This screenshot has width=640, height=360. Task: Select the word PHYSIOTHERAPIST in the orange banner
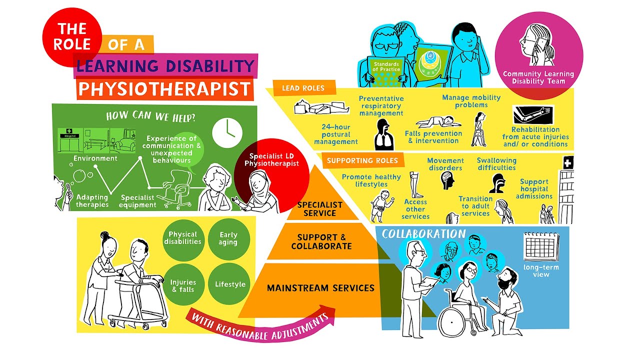pos(164,89)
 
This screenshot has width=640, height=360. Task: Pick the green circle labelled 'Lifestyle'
pos(230,284)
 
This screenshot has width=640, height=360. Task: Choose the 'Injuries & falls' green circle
pos(182,285)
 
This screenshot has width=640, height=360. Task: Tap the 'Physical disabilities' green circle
pos(182,238)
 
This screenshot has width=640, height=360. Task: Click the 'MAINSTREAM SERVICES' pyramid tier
pos(320,288)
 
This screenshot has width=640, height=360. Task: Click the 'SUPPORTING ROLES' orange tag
pos(362,160)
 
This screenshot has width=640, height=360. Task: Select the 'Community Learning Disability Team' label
pos(538,77)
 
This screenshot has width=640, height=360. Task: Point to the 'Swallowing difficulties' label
pos(496,164)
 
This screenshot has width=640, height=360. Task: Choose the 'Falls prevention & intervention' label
pos(433,137)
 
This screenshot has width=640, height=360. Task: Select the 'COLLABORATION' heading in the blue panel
pos(423,234)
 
